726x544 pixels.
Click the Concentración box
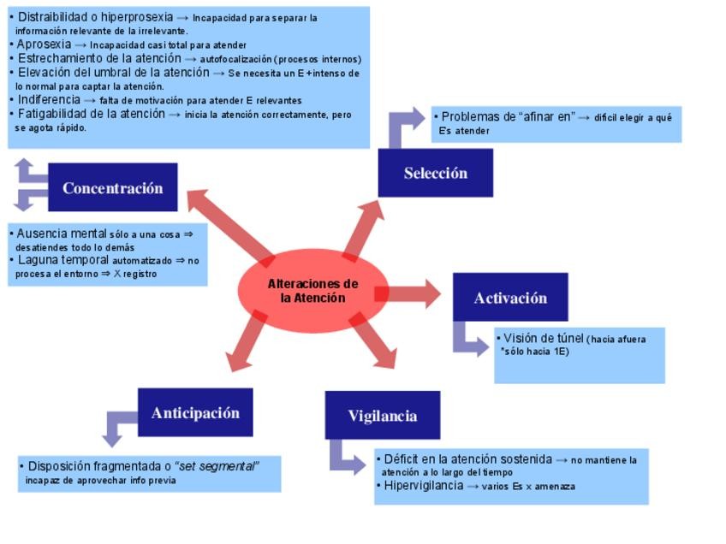click(112, 187)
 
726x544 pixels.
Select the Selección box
click(435, 173)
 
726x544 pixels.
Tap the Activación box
click(510, 298)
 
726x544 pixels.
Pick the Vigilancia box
click(382, 416)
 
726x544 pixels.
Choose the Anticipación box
click(195, 413)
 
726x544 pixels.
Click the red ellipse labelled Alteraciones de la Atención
click(312, 291)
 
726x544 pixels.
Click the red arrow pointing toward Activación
click(409, 294)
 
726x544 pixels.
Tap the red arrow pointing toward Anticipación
click(252, 345)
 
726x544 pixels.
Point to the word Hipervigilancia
click(423, 486)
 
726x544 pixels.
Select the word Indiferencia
click(50, 100)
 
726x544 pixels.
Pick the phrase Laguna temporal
click(62, 260)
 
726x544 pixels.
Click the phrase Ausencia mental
click(62, 234)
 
